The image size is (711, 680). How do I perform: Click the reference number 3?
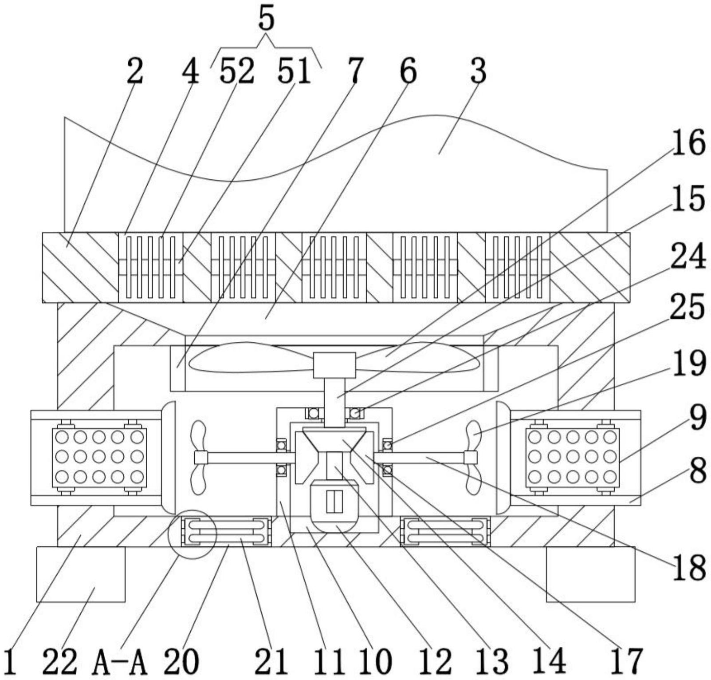click(478, 71)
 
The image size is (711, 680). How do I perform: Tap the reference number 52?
click(237, 71)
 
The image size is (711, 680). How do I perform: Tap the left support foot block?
click(81, 574)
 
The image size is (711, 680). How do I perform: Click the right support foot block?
click(590, 574)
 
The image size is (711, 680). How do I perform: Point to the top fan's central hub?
click(334, 365)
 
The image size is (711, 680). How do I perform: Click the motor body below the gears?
click(334, 506)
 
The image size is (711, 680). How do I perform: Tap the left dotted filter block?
click(99, 457)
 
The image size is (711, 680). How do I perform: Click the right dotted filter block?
click(572, 457)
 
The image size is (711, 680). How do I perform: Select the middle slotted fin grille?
click(334, 267)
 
